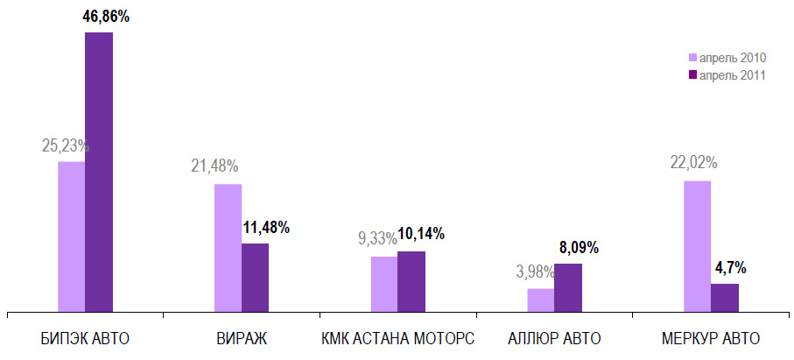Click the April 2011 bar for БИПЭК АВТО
point(99,171)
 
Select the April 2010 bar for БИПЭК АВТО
point(72,236)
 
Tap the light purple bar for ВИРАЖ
point(228,247)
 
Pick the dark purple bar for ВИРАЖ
point(255,276)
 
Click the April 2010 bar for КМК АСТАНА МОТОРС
point(384,283)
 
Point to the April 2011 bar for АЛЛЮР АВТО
point(568,286)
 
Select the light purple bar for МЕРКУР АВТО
point(697,245)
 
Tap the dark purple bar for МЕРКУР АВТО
point(724,296)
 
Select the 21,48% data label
point(214,166)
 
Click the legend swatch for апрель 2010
point(692,58)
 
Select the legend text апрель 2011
point(733,75)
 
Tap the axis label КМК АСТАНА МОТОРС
point(397,338)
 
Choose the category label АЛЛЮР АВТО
point(554,338)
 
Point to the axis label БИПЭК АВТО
point(85,338)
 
